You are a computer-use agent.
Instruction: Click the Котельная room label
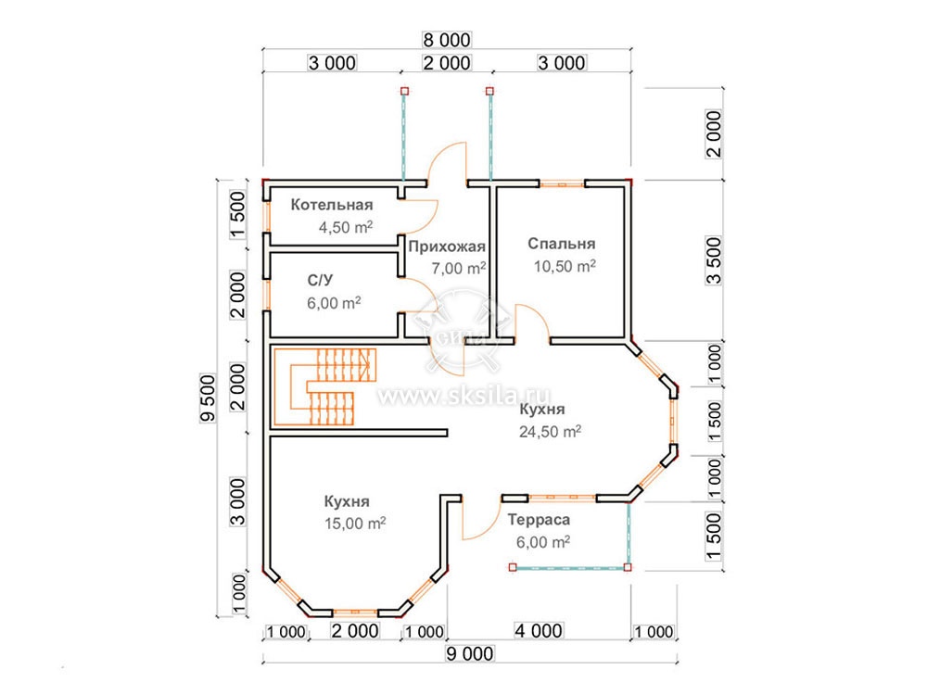click(332, 205)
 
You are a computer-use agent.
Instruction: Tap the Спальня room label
click(561, 244)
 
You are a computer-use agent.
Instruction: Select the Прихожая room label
click(447, 247)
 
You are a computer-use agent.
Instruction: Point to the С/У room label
click(320, 280)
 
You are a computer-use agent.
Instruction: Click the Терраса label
click(539, 520)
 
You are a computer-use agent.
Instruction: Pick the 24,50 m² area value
click(550, 432)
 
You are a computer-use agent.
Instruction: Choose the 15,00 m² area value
click(355, 523)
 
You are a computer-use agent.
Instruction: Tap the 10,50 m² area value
click(565, 266)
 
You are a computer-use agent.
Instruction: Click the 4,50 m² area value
click(346, 227)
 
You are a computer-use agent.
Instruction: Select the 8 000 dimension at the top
click(447, 40)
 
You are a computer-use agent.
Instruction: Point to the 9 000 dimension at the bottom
click(469, 653)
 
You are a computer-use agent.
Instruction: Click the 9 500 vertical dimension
click(208, 398)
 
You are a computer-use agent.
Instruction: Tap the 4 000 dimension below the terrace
click(538, 630)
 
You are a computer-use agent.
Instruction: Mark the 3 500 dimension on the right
click(714, 260)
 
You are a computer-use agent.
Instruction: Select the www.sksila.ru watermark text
click(464, 395)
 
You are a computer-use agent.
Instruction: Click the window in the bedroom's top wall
click(562, 183)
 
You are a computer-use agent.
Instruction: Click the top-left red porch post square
click(404, 91)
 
